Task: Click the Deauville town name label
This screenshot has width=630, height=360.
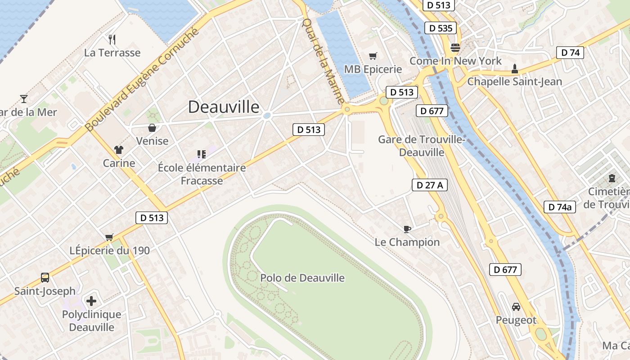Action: click(224, 107)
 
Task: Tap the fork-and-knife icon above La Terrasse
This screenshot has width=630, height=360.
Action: click(112, 40)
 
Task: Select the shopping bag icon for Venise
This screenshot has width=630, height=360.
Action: click(152, 128)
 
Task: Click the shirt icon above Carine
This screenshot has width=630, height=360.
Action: click(119, 150)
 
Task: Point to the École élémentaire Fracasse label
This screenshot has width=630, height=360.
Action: click(202, 174)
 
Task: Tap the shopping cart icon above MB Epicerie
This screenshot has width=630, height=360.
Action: click(373, 56)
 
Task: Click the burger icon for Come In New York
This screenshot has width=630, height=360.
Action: click(455, 48)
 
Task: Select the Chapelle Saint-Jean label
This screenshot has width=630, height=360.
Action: click(514, 81)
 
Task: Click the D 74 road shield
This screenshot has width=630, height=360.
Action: click(570, 53)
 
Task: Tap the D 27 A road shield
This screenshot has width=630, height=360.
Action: click(429, 185)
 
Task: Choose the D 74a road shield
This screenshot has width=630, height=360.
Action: click(560, 207)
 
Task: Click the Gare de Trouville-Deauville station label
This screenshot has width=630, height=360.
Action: click(422, 146)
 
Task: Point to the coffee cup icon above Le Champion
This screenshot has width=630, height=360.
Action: click(407, 229)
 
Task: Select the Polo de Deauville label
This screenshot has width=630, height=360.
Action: click(302, 278)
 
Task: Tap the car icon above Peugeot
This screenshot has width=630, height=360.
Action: click(516, 307)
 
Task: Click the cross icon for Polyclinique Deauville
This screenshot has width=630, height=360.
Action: click(91, 301)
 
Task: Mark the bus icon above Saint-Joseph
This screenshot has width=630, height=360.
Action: click(45, 277)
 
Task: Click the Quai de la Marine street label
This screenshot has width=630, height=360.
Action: click(323, 60)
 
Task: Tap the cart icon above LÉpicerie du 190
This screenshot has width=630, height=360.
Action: click(109, 237)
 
